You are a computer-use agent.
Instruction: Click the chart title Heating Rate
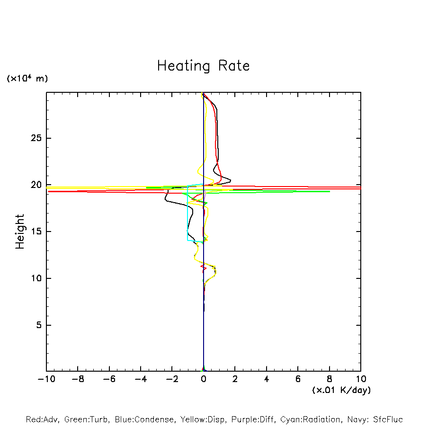[203, 66]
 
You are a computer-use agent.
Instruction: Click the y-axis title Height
[20, 232]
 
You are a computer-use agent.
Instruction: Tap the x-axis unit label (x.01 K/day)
[341, 390]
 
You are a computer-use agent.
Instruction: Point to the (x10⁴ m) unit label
[27, 79]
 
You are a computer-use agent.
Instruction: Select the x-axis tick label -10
[46, 379]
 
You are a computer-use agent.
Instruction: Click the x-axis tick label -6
[109, 379]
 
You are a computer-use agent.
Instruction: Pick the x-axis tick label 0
[204, 379]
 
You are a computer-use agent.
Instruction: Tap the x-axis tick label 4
[267, 379]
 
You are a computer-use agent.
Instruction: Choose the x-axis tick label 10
[361, 379]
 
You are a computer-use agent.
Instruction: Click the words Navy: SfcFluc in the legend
[374, 419]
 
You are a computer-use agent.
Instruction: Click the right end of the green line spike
[330, 191]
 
